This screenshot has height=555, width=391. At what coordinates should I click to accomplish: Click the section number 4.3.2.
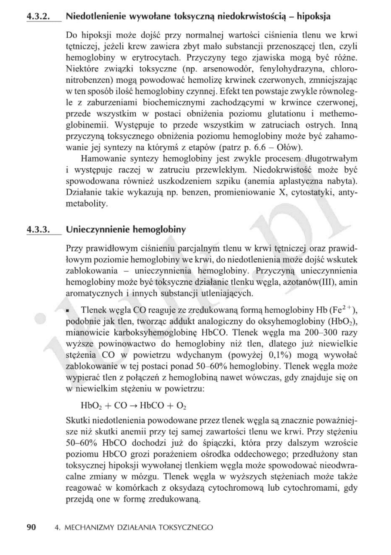pos(39,17)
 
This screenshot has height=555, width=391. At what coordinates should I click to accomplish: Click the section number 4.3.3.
pos(39,230)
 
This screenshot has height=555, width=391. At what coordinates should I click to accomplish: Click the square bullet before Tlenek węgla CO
pos(68,310)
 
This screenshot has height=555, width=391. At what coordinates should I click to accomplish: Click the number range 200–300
pos(321,332)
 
